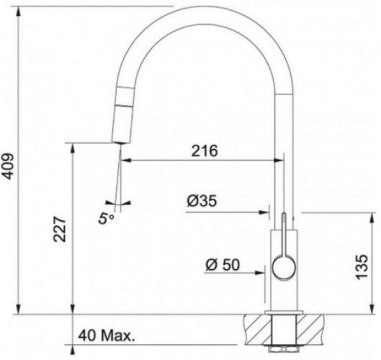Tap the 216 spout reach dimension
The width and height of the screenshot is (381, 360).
(x=204, y=151)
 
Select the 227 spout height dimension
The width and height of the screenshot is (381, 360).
(x=60, y=229)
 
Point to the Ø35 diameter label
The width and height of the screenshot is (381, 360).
(x=202, y=201)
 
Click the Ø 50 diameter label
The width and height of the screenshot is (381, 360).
(x=223, y=265)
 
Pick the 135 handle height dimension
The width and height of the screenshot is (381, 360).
(x=362, y=267)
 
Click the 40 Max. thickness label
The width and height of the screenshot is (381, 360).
(x=107, y=336)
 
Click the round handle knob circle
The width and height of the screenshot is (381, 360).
(x=284, y=267)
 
